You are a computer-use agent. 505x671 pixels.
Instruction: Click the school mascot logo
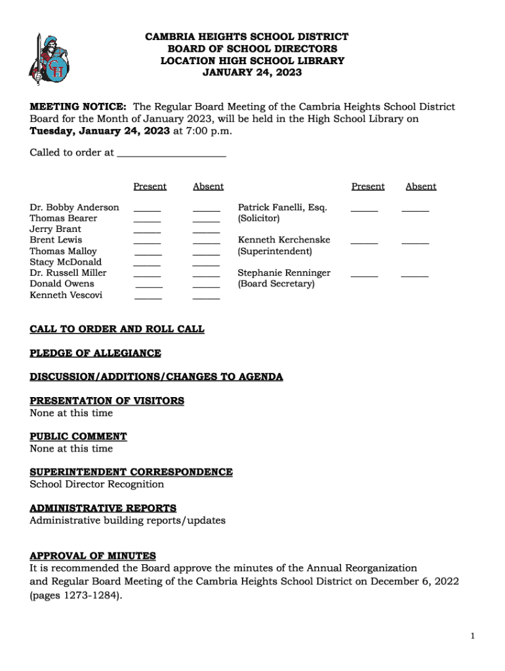49,59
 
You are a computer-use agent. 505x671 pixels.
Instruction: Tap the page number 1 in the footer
472,636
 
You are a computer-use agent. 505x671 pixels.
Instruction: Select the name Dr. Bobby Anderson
74,207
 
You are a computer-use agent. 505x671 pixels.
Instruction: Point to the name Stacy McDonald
66,262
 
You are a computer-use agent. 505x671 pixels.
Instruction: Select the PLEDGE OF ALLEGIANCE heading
95,353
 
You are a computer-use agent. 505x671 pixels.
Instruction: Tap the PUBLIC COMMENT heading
78,436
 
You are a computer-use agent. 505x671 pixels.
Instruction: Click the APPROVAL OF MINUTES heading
92,556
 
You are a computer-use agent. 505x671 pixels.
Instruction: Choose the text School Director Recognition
96,484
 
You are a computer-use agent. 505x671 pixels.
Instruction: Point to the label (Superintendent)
275,251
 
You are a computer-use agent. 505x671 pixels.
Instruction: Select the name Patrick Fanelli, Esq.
282,207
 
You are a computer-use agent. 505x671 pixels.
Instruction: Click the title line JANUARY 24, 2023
252,72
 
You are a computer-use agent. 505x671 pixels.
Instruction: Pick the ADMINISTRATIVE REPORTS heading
103,508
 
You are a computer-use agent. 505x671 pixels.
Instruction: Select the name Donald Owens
62,284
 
